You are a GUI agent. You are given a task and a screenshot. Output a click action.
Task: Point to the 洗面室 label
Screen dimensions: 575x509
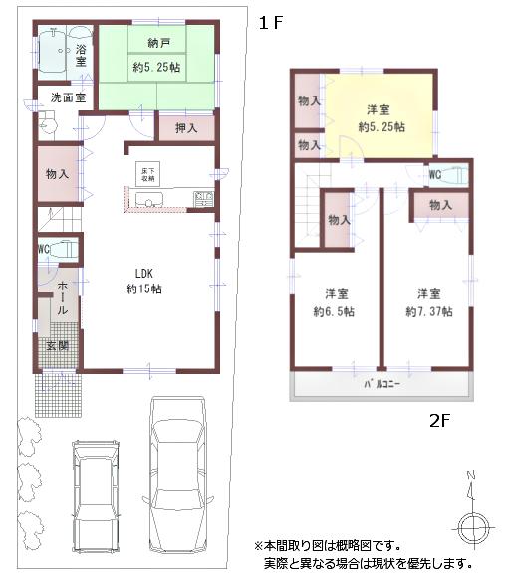coord(67,98)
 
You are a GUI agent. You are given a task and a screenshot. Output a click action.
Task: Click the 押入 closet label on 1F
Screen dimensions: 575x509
coord(186,128)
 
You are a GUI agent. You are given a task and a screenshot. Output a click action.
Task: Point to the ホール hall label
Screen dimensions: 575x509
coord(61,298)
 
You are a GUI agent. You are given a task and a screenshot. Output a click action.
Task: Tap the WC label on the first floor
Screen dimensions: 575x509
coord(44,250)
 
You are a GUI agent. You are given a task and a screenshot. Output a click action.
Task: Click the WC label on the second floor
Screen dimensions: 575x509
coord(434,175)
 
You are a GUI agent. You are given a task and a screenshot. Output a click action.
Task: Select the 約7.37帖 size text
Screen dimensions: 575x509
coord(429,311)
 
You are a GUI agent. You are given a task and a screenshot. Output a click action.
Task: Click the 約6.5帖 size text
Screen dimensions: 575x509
coord(336,311)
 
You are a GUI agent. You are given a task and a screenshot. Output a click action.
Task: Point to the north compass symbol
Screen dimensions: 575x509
coord(472,521)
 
